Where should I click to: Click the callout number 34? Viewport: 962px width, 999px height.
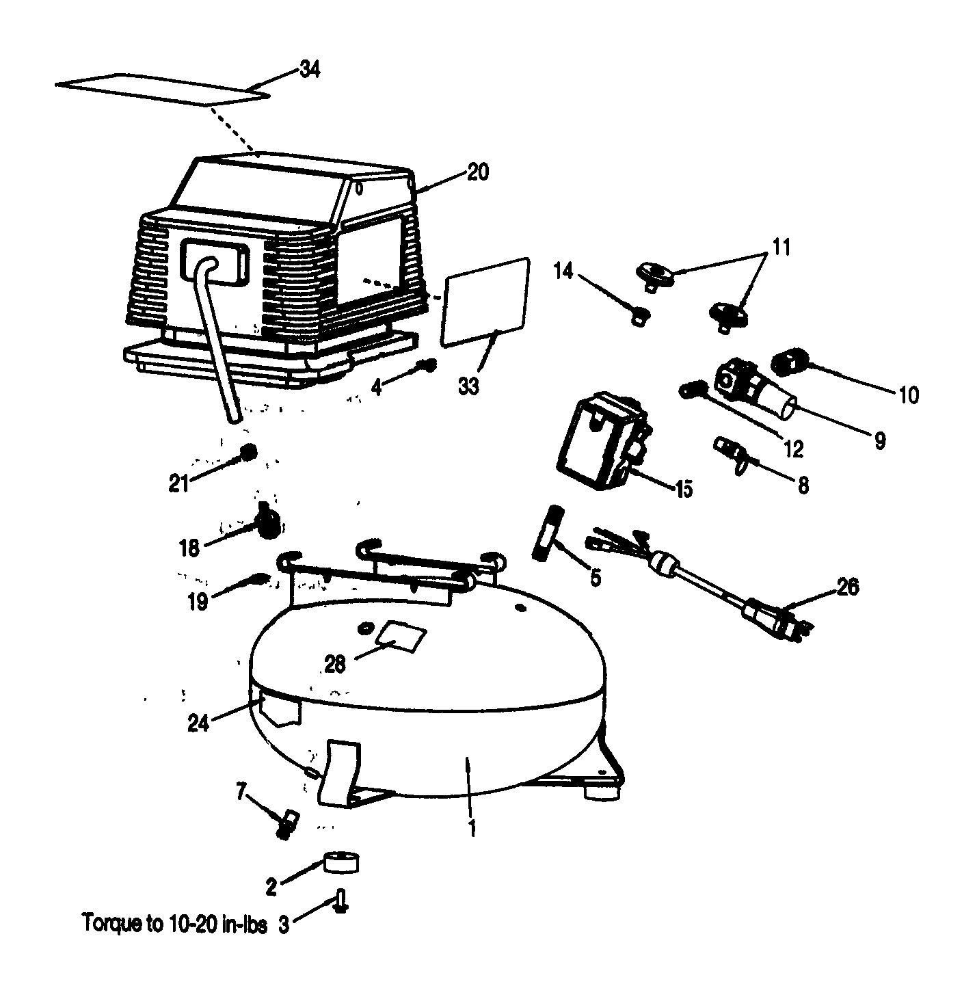pyautogui.click(x=310, y=70)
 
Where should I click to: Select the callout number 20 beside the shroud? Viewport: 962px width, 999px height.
pyautogui.click(x=478, y=172)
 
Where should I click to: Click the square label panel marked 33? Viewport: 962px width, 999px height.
pyautogui.click(x=486, y=301)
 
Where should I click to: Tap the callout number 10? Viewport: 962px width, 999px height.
pyautogui.click(x=909, y=395)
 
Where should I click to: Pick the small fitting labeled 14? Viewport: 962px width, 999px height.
pyautogui.click(x=640, y=315)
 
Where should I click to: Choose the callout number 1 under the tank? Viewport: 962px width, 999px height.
pyautogui.click(x=472, y=828)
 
